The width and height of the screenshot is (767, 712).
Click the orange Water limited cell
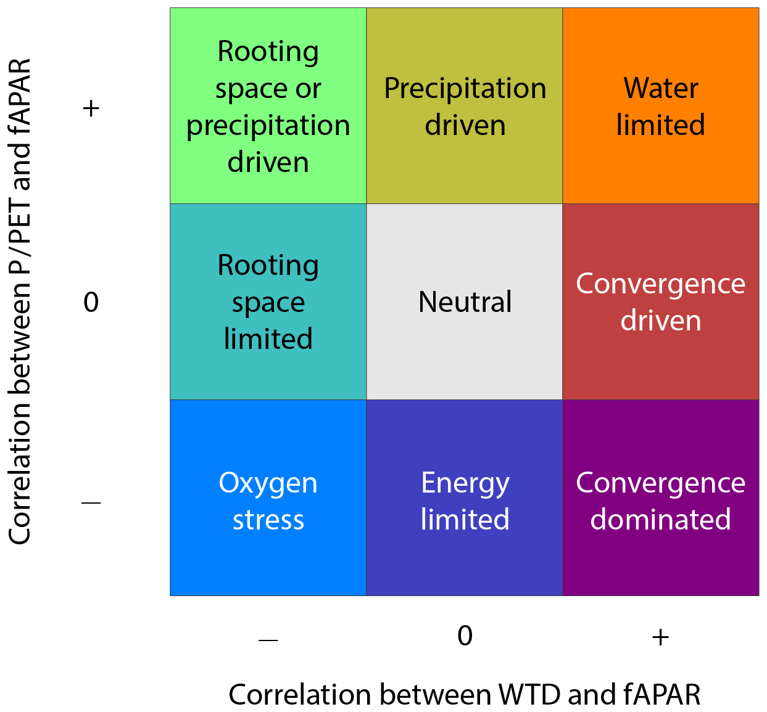click(660, 106)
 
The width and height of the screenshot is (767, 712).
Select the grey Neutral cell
click(465, 302)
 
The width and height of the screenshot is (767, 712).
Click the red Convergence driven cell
click(660, 302)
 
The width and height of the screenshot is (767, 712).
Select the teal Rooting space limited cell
click(268, 302)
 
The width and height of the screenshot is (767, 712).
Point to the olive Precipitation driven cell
click(465, 106)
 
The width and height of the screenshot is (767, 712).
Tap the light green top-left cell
click(268, 106)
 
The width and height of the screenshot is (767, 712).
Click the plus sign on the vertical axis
click(91, 109)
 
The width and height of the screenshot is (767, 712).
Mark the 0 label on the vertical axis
click(91, 302)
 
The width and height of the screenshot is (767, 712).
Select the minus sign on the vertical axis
click(91, 503)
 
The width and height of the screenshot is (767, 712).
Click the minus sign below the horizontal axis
click(268, 639)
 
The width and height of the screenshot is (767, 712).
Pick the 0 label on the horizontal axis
click(465, 636)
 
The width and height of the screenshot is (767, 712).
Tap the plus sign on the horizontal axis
click(660, 637)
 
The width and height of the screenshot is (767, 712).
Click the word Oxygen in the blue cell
click(268, 483)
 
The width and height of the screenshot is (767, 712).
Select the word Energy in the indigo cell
click(465, 483)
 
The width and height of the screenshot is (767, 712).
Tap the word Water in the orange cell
click(660, 88)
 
